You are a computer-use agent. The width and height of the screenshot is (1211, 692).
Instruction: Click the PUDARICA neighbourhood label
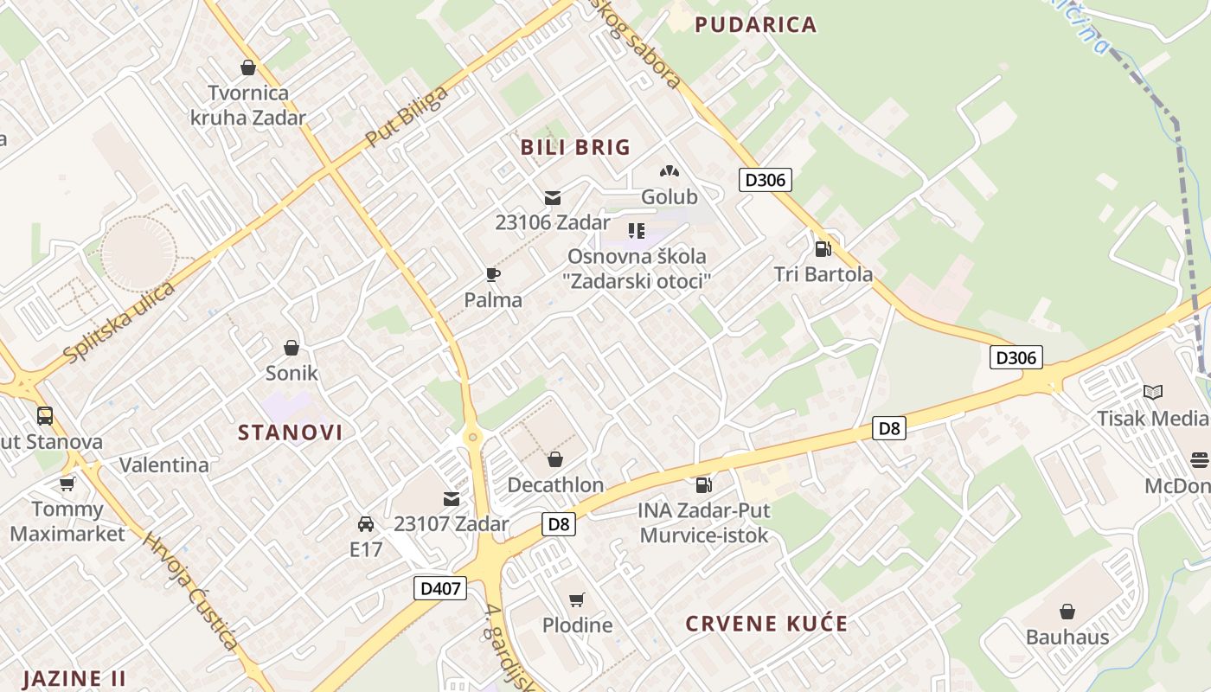[756, 24]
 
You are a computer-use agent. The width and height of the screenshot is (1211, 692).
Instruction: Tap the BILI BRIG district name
[575, 147]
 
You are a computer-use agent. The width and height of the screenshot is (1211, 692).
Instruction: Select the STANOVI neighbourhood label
[291, 432]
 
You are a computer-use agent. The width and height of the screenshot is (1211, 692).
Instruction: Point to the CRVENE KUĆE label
[766, 624]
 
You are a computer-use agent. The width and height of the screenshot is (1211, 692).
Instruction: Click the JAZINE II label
[74, 677]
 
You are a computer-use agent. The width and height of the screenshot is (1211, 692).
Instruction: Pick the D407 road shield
[440, 588]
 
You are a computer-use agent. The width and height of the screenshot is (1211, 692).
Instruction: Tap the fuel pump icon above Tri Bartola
[823, 249]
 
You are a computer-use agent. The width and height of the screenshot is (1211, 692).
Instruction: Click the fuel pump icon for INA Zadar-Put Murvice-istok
[704, 486]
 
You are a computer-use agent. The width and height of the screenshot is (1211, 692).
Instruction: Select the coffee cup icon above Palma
[493, 275]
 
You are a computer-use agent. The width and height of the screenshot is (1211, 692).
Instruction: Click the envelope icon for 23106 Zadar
[553, 198]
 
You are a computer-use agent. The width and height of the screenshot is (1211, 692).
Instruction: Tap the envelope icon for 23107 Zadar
[452, 499]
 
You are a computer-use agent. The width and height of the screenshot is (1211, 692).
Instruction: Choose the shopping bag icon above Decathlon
[555, 459]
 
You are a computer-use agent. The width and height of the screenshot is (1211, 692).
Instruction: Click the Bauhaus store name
[1067, 638]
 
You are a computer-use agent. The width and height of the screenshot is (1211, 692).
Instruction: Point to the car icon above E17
[366, 524]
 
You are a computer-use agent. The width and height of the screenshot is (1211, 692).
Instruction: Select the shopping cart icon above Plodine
[577, 600]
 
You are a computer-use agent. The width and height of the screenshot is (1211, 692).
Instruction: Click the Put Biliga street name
[407, 116]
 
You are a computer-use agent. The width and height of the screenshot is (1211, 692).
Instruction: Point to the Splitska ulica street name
[119, 322]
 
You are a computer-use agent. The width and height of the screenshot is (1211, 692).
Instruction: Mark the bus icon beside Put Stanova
[45, 416]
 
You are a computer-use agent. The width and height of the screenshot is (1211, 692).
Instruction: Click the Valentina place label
[164, 465]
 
